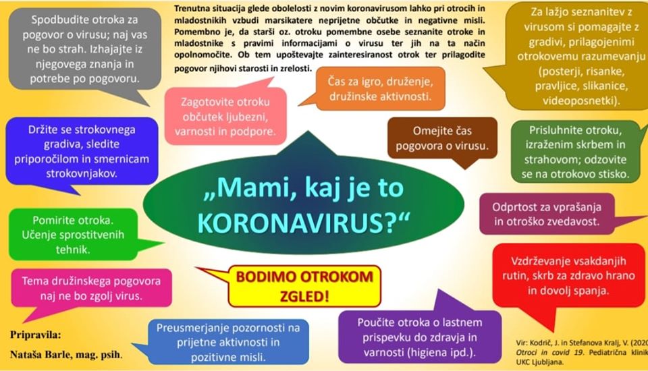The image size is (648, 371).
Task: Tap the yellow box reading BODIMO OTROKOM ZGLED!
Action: (304, 286)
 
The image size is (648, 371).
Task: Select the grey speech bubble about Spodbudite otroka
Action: (85, 49)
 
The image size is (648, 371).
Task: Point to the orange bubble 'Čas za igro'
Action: (380, 89)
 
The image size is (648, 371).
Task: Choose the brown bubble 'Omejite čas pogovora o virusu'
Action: (442, 138)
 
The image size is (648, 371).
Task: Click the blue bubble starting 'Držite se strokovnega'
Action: (82, 151)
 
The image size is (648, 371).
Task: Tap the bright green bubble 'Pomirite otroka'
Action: (73, 235)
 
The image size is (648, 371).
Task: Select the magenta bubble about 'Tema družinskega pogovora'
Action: (91, 289)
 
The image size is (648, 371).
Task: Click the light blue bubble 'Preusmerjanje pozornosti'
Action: (228, 342)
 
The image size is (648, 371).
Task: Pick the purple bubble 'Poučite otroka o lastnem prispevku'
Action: (419, 337)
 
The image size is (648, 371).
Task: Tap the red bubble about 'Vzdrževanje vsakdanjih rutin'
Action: (568, 276)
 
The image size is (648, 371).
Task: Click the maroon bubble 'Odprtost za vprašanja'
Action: (547, 214)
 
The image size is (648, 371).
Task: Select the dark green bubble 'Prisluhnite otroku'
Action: (575, 152)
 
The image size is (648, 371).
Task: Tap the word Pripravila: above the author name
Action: (36, 335)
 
